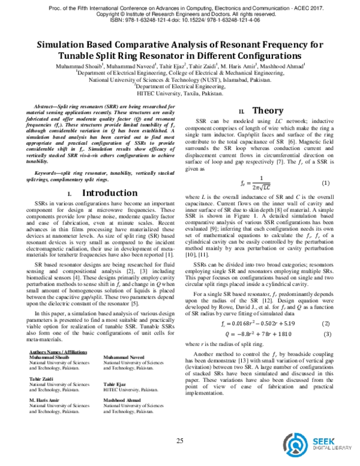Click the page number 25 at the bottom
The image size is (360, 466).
point(179,442)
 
